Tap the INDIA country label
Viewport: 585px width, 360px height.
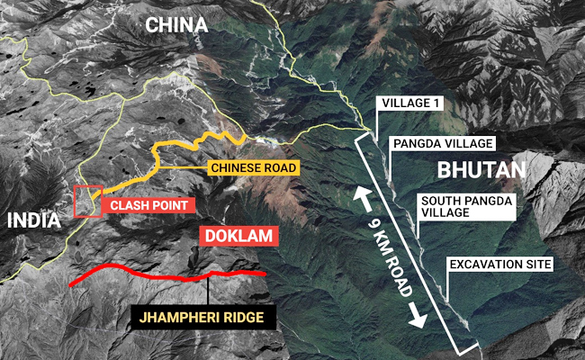point(31,220)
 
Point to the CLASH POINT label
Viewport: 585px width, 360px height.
point(148,205)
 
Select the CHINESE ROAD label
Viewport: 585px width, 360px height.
point(251,168)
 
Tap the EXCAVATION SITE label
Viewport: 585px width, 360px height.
point(499,265)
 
